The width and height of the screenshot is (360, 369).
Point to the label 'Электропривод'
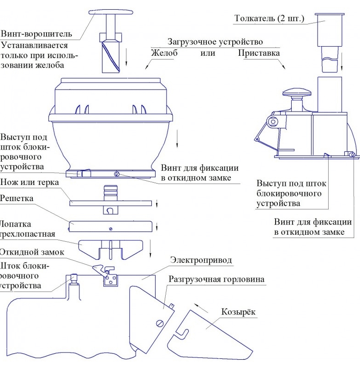[x=201, y=260]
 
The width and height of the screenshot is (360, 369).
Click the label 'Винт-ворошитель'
[x=36, y=34]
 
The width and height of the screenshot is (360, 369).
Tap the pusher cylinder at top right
[x=329, y=30]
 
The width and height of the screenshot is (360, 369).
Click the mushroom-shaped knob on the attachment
[x=298, y=94]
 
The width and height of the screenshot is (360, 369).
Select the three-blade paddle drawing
[x=110, y=249]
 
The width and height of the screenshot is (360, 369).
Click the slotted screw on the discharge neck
[x=160, y=323]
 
